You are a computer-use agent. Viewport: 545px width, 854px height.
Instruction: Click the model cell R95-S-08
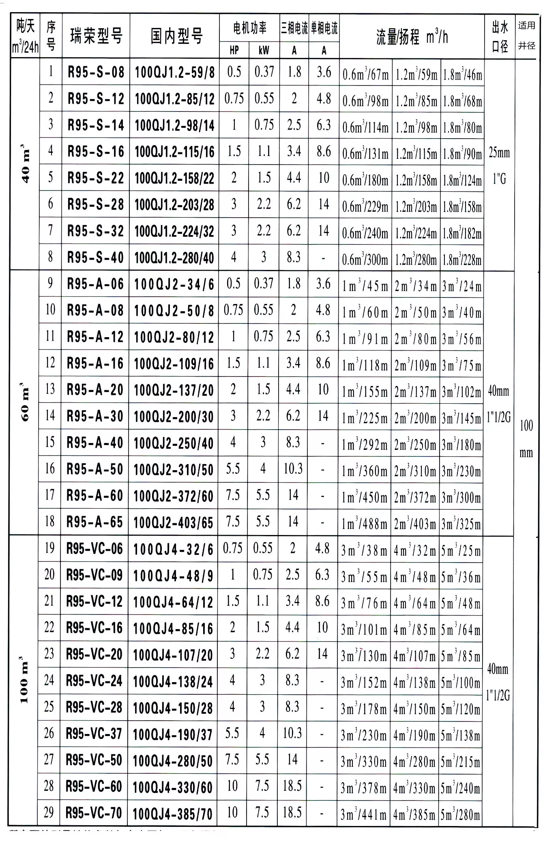(96, 73)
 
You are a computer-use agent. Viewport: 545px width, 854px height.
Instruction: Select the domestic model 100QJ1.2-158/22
(174, 178)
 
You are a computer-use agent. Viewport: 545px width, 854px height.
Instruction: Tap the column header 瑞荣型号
(96, 36)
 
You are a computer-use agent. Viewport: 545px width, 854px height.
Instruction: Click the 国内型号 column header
(176, 36)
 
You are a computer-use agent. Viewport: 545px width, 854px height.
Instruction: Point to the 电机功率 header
(249, 28)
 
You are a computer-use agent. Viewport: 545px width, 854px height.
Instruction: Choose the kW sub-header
(264, 50)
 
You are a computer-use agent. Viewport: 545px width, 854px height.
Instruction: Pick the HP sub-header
(234, 50)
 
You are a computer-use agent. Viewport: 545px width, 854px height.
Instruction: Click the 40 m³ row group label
(25, 163)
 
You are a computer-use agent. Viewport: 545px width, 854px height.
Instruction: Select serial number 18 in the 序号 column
(50, 521)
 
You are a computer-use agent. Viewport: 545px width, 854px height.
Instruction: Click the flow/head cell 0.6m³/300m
(365, 259)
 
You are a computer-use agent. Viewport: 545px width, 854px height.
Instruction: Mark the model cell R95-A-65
(95, 522)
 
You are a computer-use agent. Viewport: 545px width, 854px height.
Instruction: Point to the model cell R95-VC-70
(94, 813)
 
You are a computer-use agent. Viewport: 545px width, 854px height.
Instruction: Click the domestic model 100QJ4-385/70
(172, 814)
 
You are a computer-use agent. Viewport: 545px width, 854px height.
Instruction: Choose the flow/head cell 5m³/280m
(460, 814)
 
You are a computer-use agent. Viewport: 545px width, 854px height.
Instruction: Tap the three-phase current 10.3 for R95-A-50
(293, 469)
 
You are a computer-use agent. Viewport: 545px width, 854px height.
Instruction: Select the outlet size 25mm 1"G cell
(499, 165)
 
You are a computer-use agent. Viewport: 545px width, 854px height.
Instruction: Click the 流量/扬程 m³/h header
(412, 38)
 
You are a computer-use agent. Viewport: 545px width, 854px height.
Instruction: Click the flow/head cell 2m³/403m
(415, 524)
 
